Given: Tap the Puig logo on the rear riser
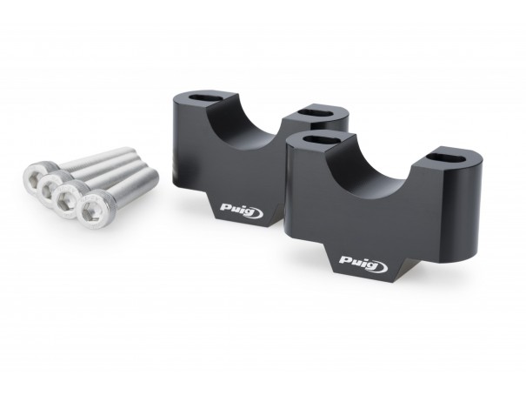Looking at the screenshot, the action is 242,210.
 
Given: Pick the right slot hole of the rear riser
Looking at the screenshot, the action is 316,111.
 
